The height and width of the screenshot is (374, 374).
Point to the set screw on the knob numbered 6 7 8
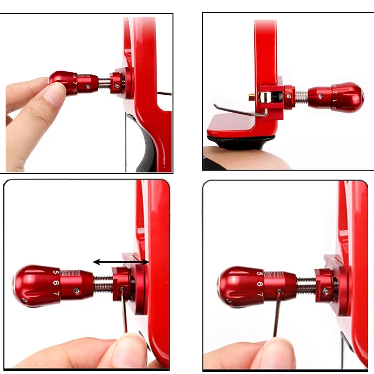88,86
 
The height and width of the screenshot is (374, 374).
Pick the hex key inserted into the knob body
277,313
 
